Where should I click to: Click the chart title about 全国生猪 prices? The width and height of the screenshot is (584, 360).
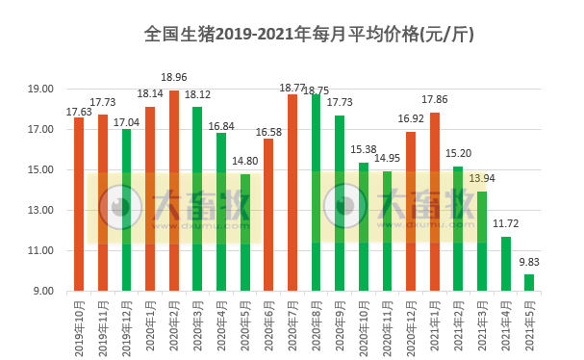pos(308,34)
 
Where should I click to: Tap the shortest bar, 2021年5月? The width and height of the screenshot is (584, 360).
pos(529,282)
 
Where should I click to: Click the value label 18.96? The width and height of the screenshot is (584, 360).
pos(174,78)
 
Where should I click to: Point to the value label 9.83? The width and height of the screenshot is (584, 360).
pos(529,262)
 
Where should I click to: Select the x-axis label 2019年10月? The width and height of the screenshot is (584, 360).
pos(80,326)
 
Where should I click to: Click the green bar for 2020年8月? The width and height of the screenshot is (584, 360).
pos(316,193)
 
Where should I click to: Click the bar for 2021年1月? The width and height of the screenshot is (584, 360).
pos(434,202)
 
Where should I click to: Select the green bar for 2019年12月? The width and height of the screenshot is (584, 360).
pos(126,210)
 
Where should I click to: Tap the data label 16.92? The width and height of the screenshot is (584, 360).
pos(411,120)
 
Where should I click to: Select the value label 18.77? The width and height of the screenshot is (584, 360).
pos(292,88)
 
